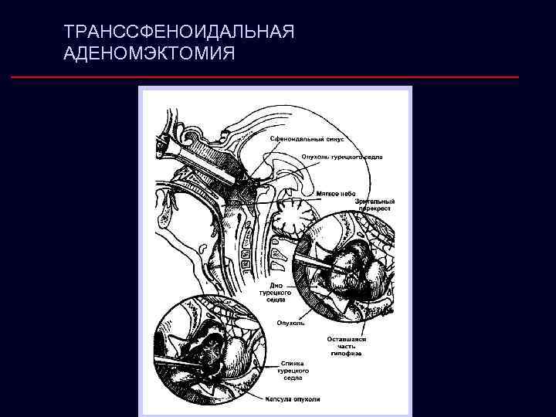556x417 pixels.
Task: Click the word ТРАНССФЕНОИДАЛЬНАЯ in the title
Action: pyautogui.click(x=181, y=33)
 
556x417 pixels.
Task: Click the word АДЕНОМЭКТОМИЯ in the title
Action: pyautogui.click(x=151, y=54)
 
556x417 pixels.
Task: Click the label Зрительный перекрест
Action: pyautogui.click(x=375, y=205)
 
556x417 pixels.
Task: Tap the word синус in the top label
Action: pyautogui.click(x=333, y=139)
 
